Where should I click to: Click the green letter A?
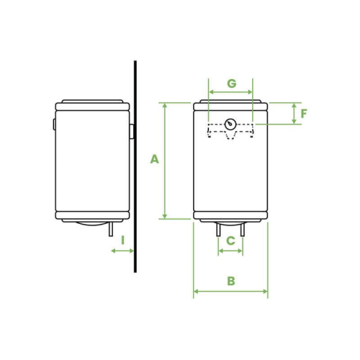pos(154,159)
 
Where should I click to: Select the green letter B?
pos(231,281)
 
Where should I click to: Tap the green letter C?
pos(230,240)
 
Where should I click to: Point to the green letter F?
pos(304,114)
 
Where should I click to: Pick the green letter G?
pos(232,84)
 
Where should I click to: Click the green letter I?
pos(123,240)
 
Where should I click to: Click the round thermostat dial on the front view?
pos(230,125)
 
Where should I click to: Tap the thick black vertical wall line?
pos(135,166)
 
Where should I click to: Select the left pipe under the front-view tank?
pos(218,230)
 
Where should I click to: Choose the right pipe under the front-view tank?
pos(243,230)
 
